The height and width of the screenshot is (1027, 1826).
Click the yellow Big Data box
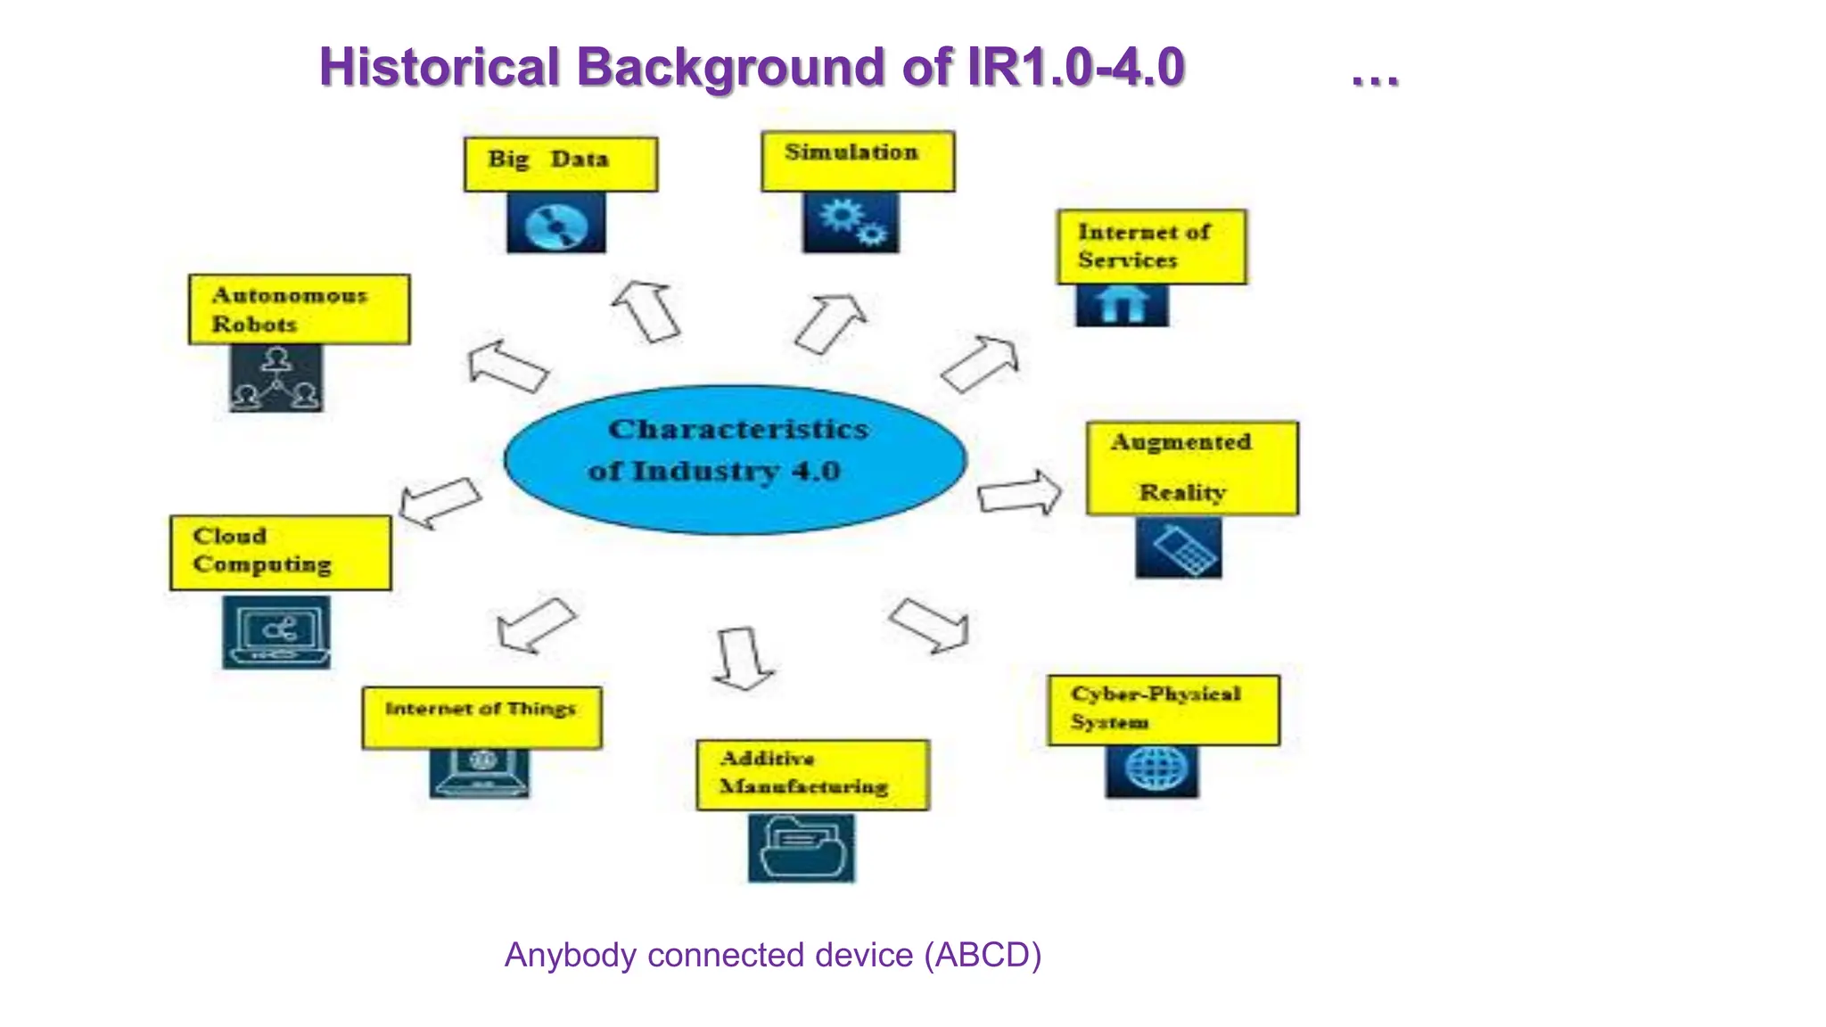561,164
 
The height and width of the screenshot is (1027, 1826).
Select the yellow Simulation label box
858,161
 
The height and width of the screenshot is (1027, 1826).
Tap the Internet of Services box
1152,247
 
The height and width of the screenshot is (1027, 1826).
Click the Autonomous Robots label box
300,309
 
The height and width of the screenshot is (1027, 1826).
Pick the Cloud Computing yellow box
281,553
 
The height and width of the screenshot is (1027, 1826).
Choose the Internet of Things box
481,718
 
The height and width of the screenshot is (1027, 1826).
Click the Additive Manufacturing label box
812,775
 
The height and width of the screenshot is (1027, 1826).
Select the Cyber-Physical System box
1164,711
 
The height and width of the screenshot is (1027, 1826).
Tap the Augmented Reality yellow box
1192,468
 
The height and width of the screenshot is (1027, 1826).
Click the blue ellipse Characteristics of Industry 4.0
736,459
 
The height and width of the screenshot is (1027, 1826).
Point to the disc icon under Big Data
556,224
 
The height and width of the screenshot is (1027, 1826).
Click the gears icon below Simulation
851,223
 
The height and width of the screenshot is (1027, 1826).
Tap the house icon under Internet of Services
1122,306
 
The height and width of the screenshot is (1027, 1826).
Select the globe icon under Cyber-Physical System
1152,770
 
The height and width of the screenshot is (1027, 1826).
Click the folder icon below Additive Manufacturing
801,848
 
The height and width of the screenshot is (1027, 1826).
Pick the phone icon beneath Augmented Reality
1179,548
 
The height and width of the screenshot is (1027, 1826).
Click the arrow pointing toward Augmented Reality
1019,493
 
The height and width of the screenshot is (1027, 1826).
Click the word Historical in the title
439,68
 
